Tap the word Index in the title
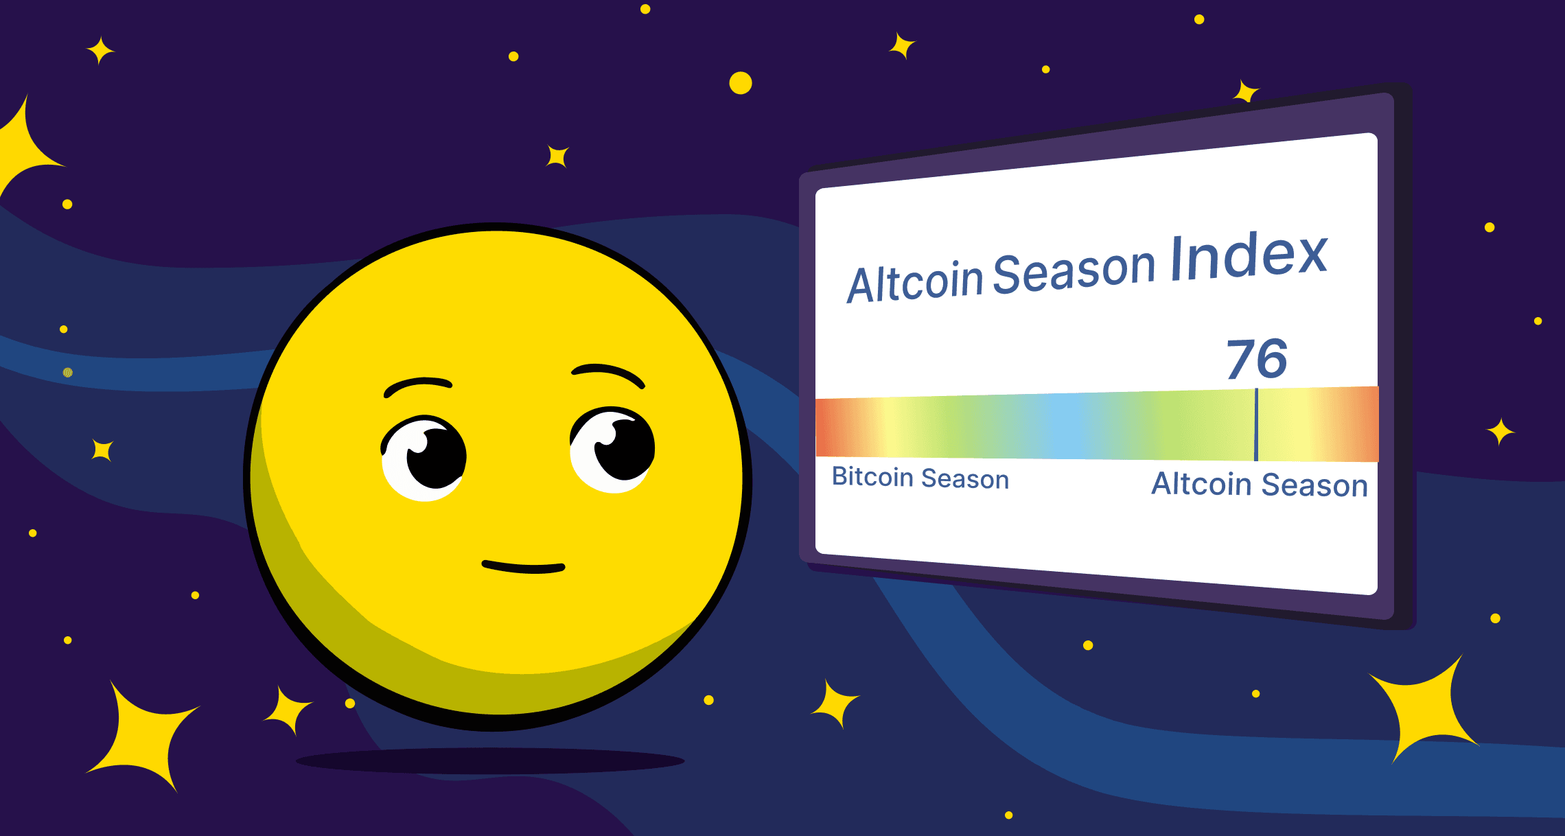[1249, 257]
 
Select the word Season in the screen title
[1074, 270]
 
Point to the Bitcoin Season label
[920, 478]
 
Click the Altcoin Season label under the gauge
[1259, 485]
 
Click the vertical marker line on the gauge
[1256, 425]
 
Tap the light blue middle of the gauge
[1064, 426]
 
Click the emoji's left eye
[424, 456]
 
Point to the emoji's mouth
[523, 567]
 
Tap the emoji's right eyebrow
[607, 373]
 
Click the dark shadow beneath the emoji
[490, 760]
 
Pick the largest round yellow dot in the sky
[741, 83]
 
